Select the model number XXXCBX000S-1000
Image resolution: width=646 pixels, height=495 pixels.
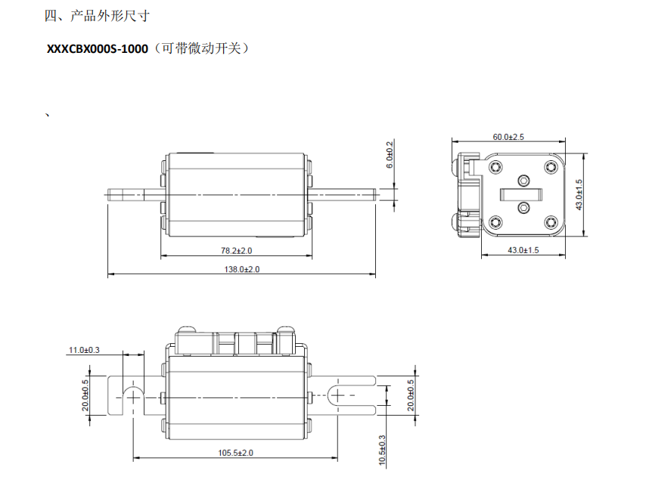[98, 49]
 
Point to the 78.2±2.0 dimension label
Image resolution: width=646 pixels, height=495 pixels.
[236, 249]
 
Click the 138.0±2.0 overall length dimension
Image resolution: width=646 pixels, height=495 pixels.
[240, 269]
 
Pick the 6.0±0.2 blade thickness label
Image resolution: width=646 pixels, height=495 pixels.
[390, 154]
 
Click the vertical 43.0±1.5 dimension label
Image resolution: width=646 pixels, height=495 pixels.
[579, 194]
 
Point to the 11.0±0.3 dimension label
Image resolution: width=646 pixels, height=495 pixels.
[84, 350]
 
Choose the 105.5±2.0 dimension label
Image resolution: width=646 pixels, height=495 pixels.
[236, 452]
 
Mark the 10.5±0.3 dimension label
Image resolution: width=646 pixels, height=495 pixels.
[382, 449]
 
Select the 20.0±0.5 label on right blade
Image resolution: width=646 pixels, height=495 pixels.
[411, 394]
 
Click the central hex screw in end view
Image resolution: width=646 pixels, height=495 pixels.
[523, 181]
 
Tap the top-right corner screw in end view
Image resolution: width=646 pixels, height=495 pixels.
[551, 167]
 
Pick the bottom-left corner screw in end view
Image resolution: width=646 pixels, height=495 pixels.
[495, 221]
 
